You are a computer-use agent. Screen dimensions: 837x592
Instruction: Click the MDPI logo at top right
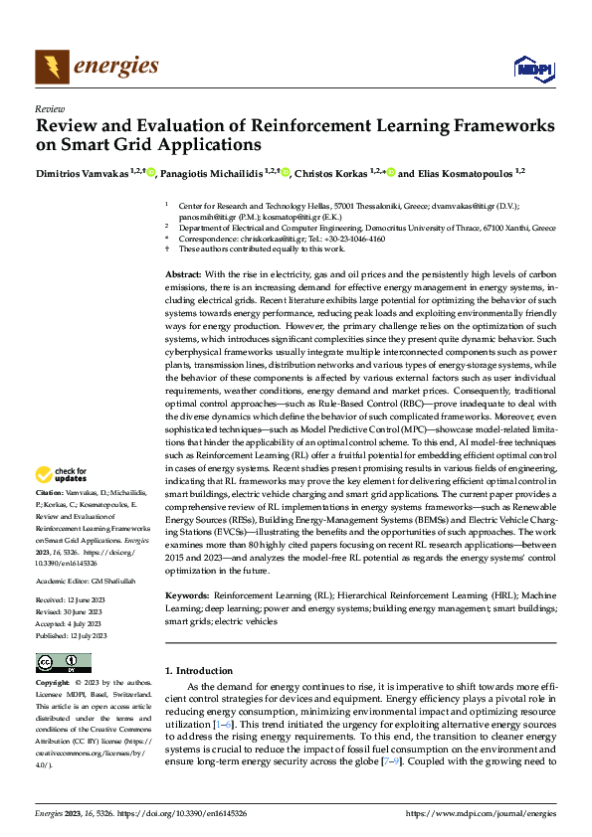[530, 67]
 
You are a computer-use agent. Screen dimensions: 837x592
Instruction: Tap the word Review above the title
[49, 108]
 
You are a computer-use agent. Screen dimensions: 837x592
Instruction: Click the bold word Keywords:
[187, 595]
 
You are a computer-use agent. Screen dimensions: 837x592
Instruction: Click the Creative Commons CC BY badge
[63, 663]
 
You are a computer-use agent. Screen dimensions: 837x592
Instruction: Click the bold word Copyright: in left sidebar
[53, 684]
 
